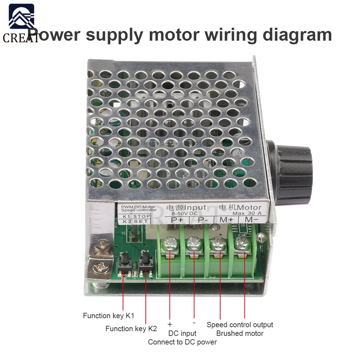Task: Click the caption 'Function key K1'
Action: pos(108,316)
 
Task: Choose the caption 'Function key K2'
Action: pos(131,329)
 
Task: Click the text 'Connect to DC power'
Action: pos(182,342)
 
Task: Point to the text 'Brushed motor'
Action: pos(240,333)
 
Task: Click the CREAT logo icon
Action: pos(21,18)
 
